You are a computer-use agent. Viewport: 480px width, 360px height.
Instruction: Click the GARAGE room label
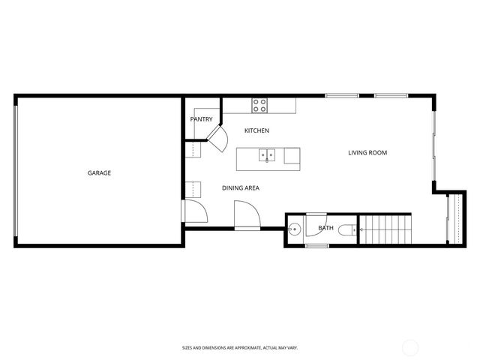point(99,173)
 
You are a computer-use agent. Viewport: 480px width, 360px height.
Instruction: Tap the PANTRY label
point(201,119)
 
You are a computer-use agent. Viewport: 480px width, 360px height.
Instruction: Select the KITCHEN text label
point(256,130)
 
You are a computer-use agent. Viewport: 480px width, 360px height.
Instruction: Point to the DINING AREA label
point(240,187)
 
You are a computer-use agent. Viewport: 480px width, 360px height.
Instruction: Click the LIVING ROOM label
point(367,153)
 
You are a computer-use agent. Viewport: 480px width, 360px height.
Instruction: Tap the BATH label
point(325,228)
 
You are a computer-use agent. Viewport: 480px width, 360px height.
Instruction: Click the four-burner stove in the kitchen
point(259,106)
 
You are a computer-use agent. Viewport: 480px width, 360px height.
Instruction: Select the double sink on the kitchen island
point(267,155)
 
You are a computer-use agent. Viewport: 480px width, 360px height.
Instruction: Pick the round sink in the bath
point(295,229)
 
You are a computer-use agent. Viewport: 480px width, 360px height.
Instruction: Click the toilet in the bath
point(347,230)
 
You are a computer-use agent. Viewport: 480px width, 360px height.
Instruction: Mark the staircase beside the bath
point(385,229)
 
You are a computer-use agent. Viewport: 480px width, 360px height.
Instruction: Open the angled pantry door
point(217,138)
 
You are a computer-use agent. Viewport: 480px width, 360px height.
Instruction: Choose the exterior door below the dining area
point(247,216)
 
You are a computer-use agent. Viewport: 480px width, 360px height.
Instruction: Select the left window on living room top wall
point(341,95)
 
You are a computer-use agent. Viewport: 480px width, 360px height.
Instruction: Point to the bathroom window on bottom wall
point(316,245)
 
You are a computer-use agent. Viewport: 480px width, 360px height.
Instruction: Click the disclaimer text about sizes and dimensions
point(240,347)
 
